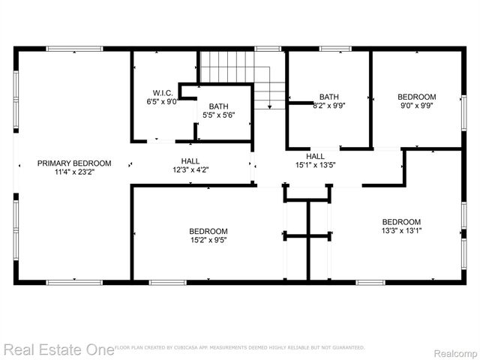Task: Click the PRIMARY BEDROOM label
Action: (74, 163)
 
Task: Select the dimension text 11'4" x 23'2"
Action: (74, 172)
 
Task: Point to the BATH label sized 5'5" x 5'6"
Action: (219, 106)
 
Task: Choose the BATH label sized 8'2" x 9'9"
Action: (328, 97)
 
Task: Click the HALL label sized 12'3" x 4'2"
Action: (190, 160)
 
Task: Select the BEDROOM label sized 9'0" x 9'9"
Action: (416, 97)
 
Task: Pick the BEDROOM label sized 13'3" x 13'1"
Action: (401, 221)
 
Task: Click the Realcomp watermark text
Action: (456, 349)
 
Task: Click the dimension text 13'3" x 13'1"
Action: (401, 230)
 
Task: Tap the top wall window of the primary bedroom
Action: (74, 49)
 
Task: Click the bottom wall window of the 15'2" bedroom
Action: (168, 282)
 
